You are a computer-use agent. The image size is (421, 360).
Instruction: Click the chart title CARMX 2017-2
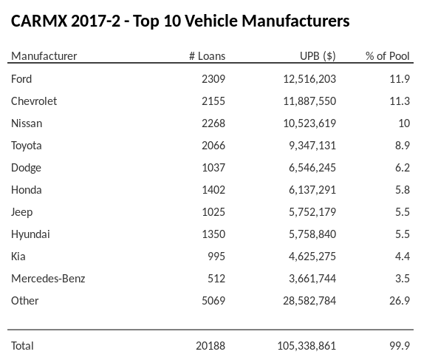pyautogui.click(x=180, y=21)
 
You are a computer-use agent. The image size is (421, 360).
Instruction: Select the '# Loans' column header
pyautogui.click(x=207, y=56)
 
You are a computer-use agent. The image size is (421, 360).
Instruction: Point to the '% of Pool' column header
pyautogui.click(x=388, y=56)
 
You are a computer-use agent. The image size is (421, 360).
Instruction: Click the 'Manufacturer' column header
pyautogui.click(x=44, y=56)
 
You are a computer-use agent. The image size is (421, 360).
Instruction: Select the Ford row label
pyautogui.click(x=21, y=78)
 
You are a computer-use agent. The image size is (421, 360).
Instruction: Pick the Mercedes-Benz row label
pyautogui.click(x=48, y=279)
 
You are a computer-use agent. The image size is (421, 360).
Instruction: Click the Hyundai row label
pyautogui.click(x=30, y=234)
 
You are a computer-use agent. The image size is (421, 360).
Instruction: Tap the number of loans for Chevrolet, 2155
pyautogui.click(x=213, y=101)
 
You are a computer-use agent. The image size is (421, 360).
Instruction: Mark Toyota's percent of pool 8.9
pyautogui.click(x=402, y=145)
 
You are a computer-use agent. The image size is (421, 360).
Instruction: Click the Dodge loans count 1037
pyautogui.click(x=213, y=168)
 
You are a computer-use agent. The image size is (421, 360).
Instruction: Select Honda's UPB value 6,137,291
pyautogui.click(x=308, y=190)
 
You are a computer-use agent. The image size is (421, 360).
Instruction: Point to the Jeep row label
pyautogui.click(x=21, y=212)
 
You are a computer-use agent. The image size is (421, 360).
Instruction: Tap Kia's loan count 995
pyautogui.click(x=216, y=257)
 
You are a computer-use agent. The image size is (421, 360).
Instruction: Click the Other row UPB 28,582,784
pyautogui.click(x=305, y=301)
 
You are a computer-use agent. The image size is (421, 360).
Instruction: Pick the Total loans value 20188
pyautogui.click(x=210, y=345)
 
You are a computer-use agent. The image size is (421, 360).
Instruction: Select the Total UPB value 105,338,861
pyautogui.click(x=302, y=345)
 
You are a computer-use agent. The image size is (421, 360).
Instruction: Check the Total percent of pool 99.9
pyautogui.click(x=399, y=345)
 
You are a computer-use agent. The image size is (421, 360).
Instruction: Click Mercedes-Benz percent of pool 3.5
pyautogui.click(x=402, y=279)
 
